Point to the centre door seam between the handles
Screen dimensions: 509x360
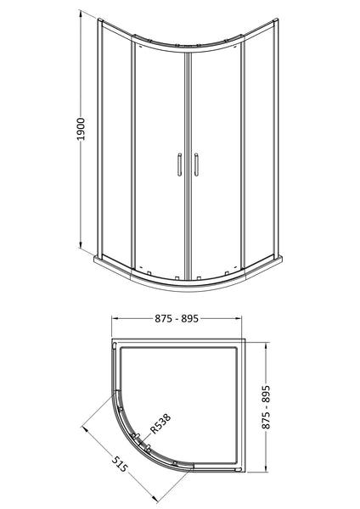[x=187, y=161]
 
